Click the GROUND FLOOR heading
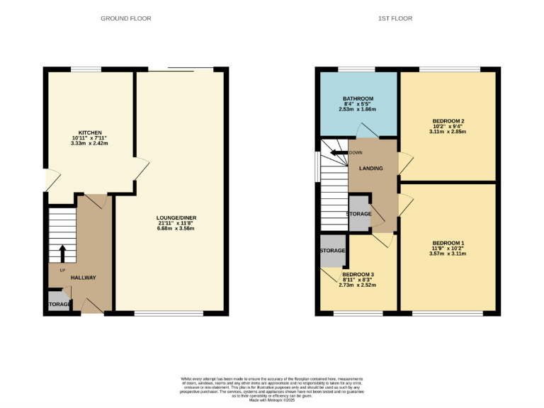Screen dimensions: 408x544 tap(125, 18)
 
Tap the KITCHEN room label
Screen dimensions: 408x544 tap(91, 132)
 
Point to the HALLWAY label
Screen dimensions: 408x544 tap(83, 278)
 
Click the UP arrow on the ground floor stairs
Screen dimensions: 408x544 tap(62, 254)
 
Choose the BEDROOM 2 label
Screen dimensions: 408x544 tap(447, 120)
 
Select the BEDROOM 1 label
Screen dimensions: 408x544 tap(448, 244)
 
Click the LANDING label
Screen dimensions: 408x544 tap(371, 169)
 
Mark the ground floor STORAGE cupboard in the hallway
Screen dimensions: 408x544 tap(59, 305)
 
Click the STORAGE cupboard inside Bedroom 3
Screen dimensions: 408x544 tap(332, 251)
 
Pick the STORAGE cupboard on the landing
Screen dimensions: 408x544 tap(359, 214)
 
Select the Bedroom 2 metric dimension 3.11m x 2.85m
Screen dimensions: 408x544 tap(447, 132)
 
